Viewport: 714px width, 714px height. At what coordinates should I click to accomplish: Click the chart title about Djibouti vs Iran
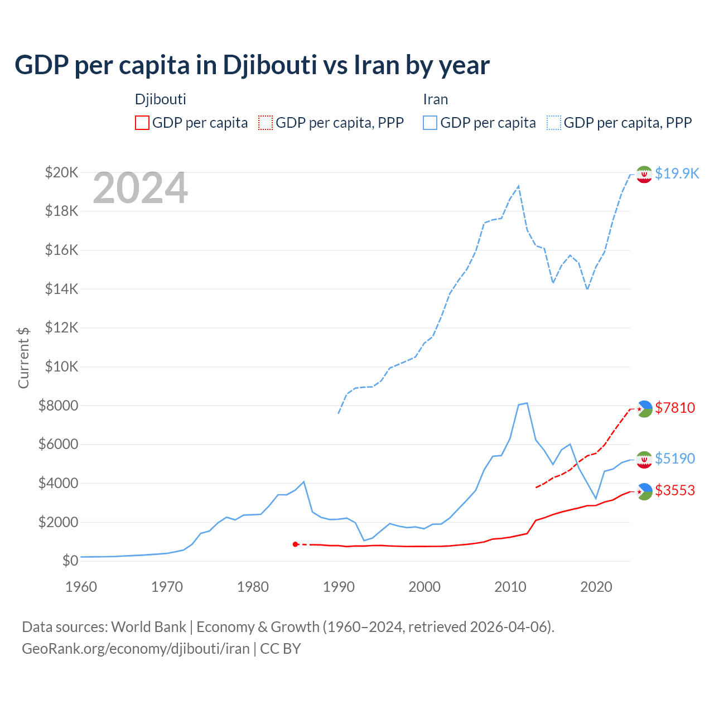[x=252, y=65]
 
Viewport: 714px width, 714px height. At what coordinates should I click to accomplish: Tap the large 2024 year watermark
[x=141, y=189]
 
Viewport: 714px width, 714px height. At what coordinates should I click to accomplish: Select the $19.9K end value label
[x=677, y=173]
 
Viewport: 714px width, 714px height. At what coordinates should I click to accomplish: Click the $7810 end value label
[x=675, y=408]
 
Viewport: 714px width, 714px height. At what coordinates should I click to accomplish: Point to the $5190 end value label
[x=675, y=459]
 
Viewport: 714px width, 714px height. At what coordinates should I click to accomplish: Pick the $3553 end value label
[x=675, y=490]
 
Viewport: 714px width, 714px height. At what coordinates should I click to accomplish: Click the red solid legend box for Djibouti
[x=142, y=123]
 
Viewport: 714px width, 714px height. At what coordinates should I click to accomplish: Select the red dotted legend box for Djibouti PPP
[x=266, y=123]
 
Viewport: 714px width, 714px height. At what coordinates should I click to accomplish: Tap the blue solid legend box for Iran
[x=430, y=123]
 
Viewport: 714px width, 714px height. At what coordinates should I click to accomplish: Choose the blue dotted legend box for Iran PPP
[x=554, y=123]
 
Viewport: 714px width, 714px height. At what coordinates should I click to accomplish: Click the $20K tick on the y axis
[x=62, y=172]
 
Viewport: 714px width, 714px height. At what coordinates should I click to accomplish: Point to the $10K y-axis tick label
[x=62, y=366]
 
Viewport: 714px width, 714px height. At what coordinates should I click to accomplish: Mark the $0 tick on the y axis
[x=70, y=561]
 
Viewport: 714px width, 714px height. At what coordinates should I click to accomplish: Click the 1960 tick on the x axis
[x=81, y=587]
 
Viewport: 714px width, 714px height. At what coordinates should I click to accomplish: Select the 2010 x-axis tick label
[x=510, y=587]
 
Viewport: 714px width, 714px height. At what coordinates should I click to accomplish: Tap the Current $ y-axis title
[x=23, y=358]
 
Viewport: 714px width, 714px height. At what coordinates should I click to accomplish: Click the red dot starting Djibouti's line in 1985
[x=295, y=544]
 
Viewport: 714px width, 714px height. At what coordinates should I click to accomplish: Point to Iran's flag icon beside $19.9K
[x=644, y=174]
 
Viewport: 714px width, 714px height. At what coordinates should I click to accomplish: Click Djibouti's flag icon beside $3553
[x=644, y=491]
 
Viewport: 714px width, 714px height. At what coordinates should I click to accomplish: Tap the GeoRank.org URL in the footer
[x=136, y=649]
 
